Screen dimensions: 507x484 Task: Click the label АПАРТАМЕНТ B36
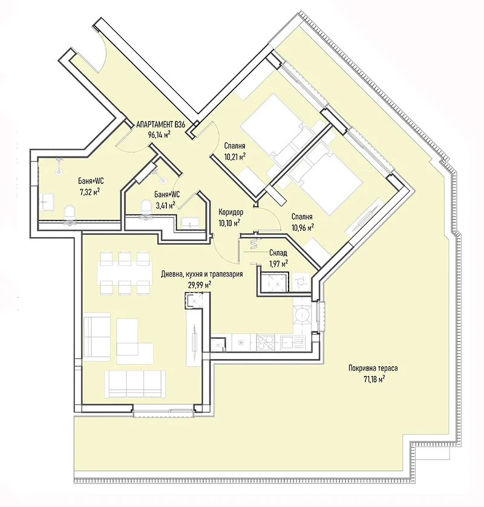tap(161, 125)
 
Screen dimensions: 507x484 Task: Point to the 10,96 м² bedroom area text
tap(302, 228)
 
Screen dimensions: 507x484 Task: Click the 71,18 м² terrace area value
tap(374, 379)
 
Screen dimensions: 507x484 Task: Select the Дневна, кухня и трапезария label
tap(202, 274)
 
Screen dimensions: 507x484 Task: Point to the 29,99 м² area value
tap(199, 284)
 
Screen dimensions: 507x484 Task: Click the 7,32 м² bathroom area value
tap(89, 192)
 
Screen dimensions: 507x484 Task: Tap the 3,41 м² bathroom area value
tap(165, 205)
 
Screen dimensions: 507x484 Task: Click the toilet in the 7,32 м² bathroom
tap(69, 212)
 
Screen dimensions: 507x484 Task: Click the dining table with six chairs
tap(124, 271)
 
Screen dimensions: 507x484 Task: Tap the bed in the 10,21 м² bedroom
tap(272, 128)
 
